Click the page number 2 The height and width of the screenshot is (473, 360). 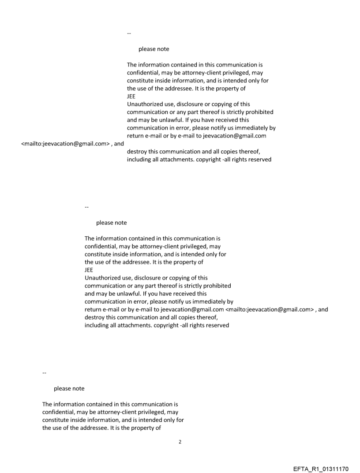[x=180, y=442]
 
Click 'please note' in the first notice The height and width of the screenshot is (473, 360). [x=154, y=49]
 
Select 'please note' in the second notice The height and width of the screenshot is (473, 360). [x=111, y=223]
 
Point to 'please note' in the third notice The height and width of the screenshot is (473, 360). [x=69, y=388]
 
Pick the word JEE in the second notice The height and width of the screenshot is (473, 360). [x=89, y=270]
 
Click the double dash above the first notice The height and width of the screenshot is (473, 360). [x=129, y=33]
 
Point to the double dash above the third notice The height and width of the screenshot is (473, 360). [x=44, y=373]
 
